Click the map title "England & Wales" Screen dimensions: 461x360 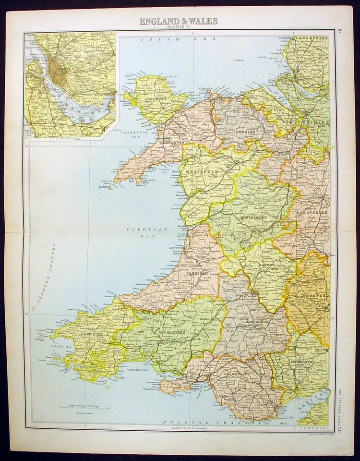[x=179, y=21]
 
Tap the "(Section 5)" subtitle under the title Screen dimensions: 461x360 [x=179, y=27]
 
